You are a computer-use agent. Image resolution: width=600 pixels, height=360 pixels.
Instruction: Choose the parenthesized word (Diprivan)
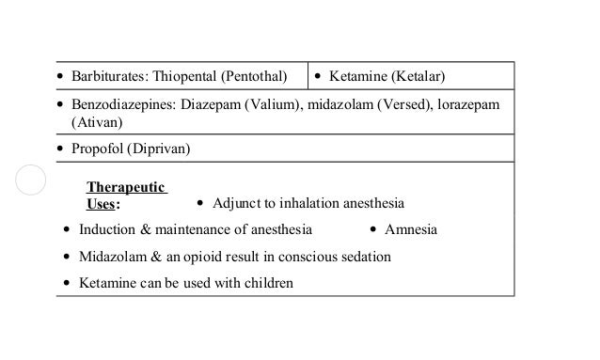coord(160,149)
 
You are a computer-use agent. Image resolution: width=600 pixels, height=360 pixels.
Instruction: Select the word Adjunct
coord(239,203)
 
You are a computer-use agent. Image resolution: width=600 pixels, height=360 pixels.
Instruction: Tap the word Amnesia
coord(411,229)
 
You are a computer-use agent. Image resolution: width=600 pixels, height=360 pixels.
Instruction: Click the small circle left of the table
coord(30,180)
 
